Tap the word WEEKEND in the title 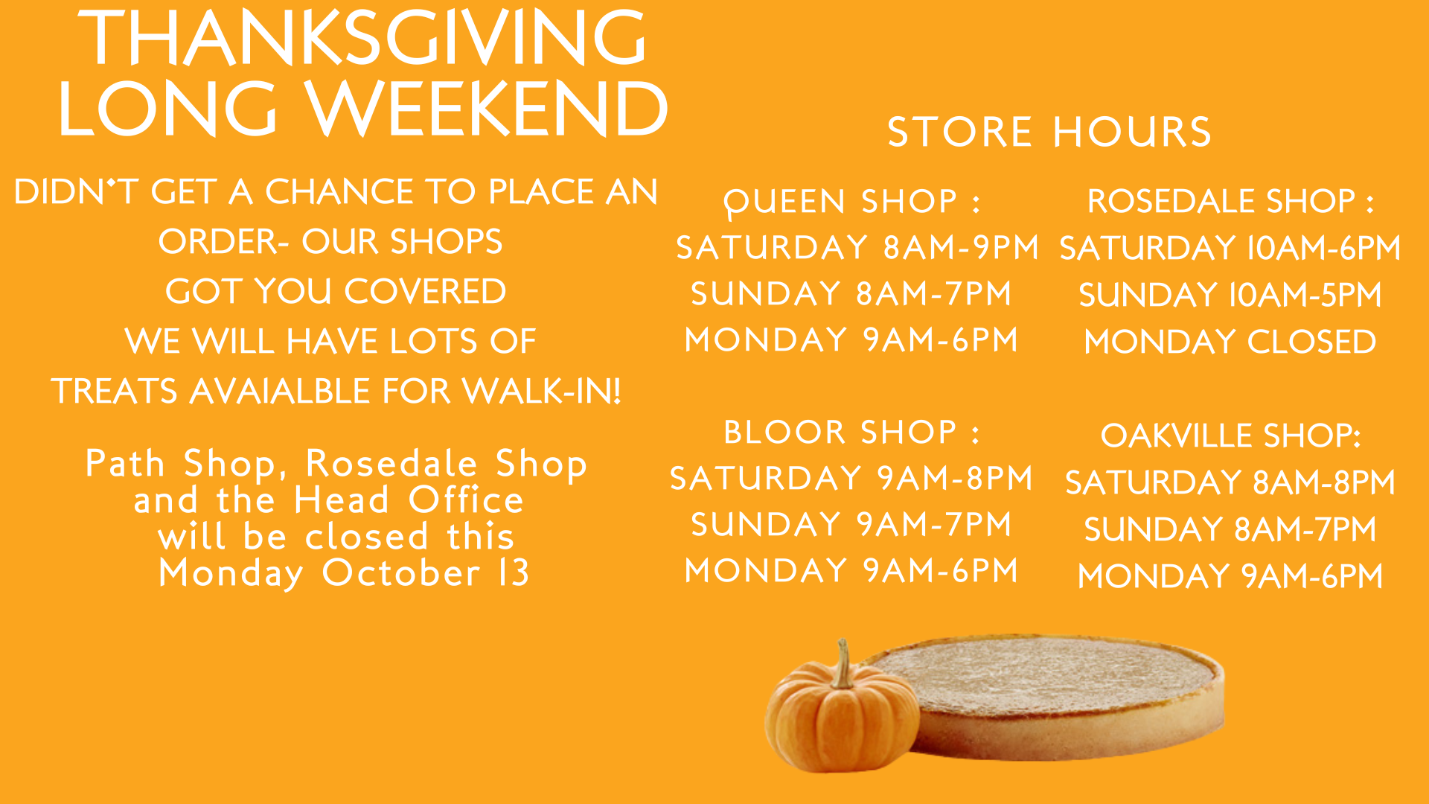click(x=487, y=109)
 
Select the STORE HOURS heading click(x=1049, y=132)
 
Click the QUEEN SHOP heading click(x=852, y=202)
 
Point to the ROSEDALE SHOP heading click(x=1230, y=201)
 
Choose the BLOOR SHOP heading click(x=852, y=433)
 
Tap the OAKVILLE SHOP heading click(x=1230, y=435)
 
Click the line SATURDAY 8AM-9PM click(x=857, y=247)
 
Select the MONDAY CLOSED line click(x=1230, y=342)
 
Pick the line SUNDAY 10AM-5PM click(x=1230, y=295)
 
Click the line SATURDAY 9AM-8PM click(x=851, y=478)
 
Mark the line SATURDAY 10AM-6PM click(x=1230, y=248)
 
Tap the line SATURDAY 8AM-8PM click(x=1230, y=482)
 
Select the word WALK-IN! click(x=542, y=391)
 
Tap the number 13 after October click(x=514, y=572)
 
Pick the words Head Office click(x=409, y=500)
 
